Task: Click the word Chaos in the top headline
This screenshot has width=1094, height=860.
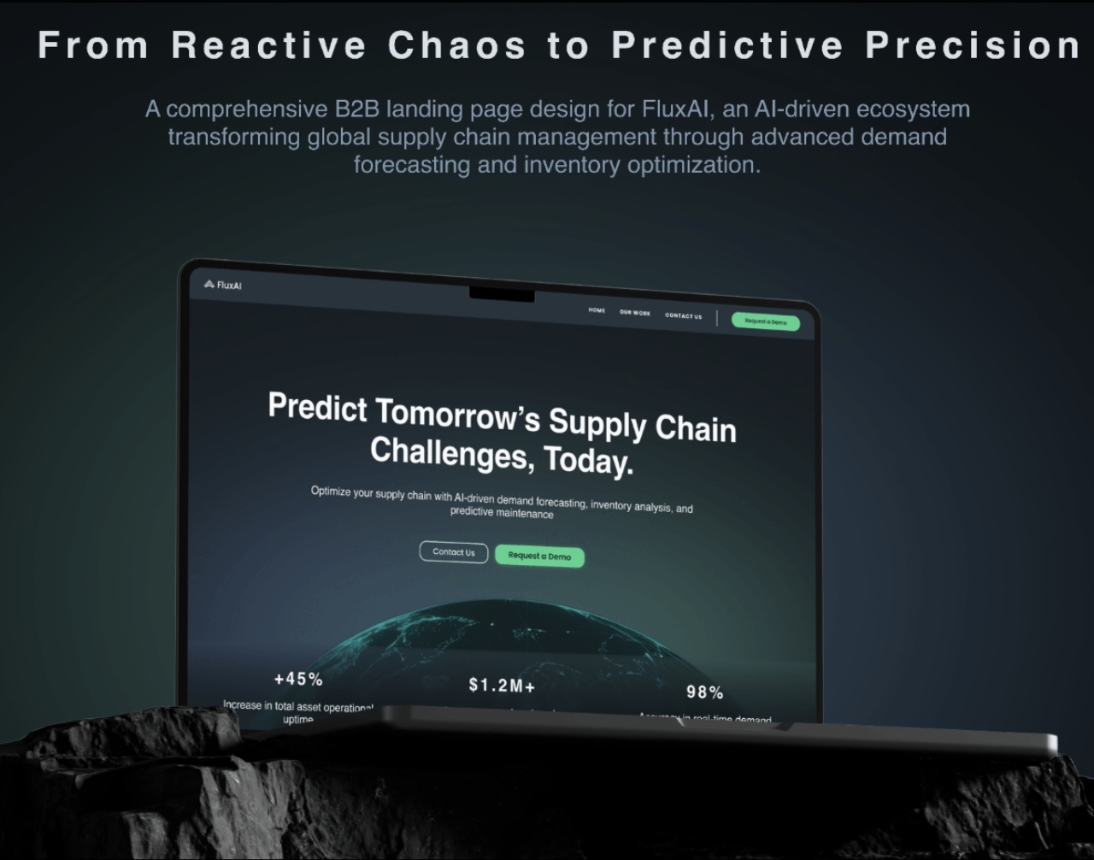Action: click(x=456, y=45)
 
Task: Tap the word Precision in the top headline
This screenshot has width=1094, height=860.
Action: click(x=973, y=45)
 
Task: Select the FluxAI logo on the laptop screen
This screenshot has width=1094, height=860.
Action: click(x=223, y=285)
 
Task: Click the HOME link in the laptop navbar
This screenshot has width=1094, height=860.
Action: click(x=597, y=310)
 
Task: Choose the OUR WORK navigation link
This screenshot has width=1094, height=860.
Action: click(x=635, y=313)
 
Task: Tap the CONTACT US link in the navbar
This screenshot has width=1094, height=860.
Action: click(x=683, y=315)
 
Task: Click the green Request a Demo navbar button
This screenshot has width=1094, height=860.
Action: click(x=765, y=321)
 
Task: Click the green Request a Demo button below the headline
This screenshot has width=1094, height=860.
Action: click(x=539, y=557)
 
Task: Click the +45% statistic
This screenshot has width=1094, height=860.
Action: click(x=298, y=680)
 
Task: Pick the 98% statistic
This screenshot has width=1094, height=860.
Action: click(x=704, y=692)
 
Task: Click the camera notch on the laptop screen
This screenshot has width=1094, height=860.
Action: click(x=502, y=295)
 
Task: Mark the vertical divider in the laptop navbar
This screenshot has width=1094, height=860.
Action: click(x=716, y=318)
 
